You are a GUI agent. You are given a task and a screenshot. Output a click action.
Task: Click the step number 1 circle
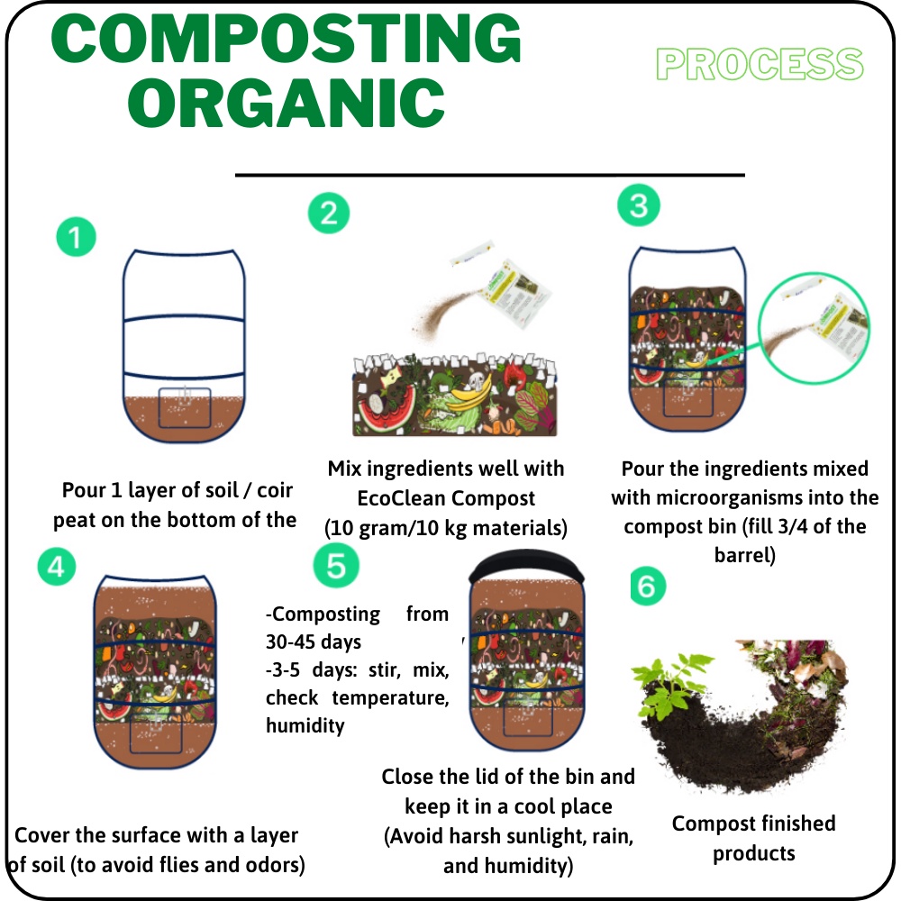click(x=76, y=237)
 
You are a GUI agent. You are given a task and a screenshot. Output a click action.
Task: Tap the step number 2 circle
click(x=329, y=214)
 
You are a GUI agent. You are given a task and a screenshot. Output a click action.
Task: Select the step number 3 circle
click(x=639, y=205)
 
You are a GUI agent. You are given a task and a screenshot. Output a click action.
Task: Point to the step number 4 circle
click(x=56, y=567)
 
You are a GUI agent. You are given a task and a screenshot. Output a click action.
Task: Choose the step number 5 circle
click(x=336, y=565)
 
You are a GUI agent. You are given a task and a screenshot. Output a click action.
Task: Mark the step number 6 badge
click(x=648, y=587)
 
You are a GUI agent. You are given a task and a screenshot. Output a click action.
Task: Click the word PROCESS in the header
click(x=760, y=64)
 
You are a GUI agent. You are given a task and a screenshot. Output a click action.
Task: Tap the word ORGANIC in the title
click(x=287, y=104)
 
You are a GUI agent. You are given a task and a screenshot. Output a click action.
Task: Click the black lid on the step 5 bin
click(x=526, y=566)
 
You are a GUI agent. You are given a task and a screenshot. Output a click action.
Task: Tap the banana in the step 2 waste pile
click(x=470, y=394)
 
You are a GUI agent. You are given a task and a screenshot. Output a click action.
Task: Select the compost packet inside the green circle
click(x=841, y=326)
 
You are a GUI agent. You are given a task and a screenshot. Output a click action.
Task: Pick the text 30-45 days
click(x=314, y=642)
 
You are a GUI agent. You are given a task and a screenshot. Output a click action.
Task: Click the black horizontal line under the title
click(x=490, y=174)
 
